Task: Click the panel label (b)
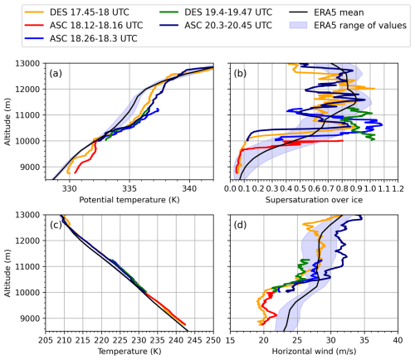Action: (242, 75)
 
